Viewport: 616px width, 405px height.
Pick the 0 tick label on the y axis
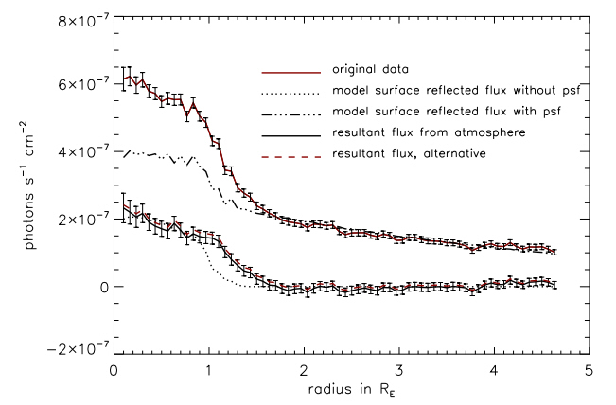pyautogui.click(x=99, y=287)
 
